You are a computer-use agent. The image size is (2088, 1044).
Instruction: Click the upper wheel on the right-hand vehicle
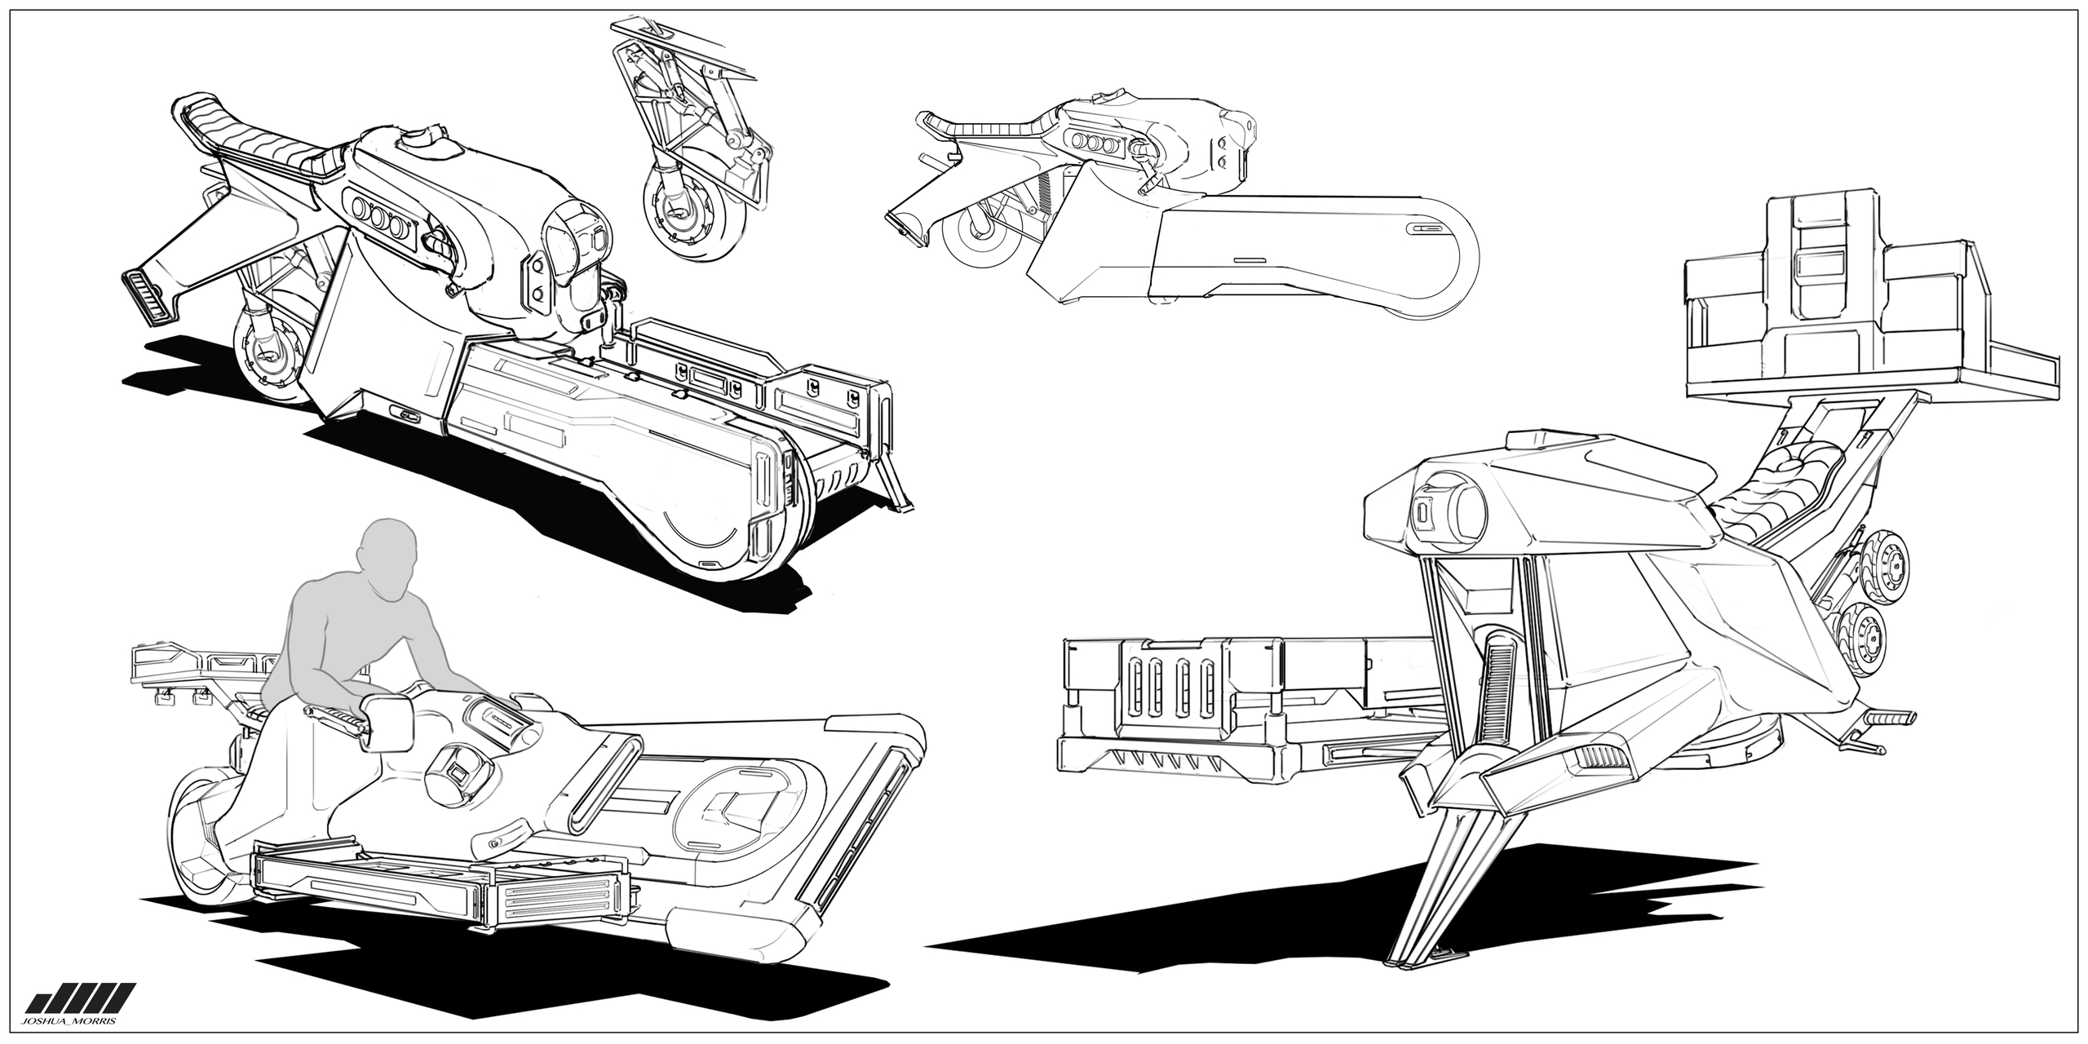(1886, 562)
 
